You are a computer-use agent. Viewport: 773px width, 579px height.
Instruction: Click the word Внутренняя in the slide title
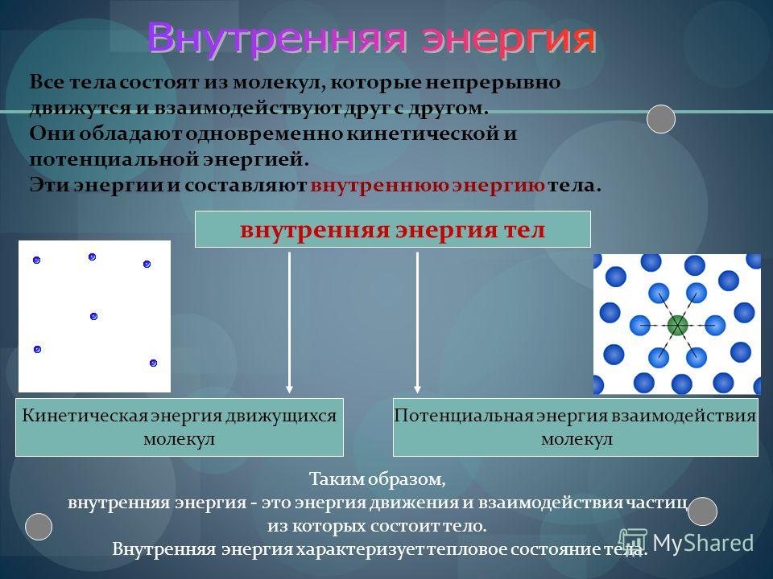click(x=277, y=38)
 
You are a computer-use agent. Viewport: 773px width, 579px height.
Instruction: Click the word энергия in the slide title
click(x=508, y=39)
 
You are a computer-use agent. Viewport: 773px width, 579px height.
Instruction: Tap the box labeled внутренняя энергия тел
click(x=392, y=229)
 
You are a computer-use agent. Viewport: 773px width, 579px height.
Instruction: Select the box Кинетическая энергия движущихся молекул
click(x=180, y=427)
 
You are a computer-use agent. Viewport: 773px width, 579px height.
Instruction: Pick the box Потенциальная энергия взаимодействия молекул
click(x=575, y=427)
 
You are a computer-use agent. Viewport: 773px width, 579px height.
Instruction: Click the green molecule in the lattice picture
click(x=677, y=326)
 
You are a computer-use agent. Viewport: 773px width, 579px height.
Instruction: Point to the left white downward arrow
click(x=289, y=322)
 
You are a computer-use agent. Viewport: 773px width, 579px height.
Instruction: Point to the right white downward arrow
click(x=418, y=322)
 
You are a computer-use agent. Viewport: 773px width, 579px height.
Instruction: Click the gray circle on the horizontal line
click(x=660, y=119)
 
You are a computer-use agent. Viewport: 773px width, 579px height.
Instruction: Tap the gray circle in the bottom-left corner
click(x=39, y=526)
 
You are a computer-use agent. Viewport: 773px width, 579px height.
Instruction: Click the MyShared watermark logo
click(x=686, y=543)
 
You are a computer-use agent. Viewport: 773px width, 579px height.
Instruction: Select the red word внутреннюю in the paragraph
click(x=379, y=185)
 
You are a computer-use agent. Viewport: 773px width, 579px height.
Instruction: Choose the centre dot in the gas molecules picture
click(x=93, y=316)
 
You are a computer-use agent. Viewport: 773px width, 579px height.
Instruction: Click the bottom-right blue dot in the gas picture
click(x=153, y=363)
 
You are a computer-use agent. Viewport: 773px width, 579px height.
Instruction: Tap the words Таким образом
click(x=377, y=479)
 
